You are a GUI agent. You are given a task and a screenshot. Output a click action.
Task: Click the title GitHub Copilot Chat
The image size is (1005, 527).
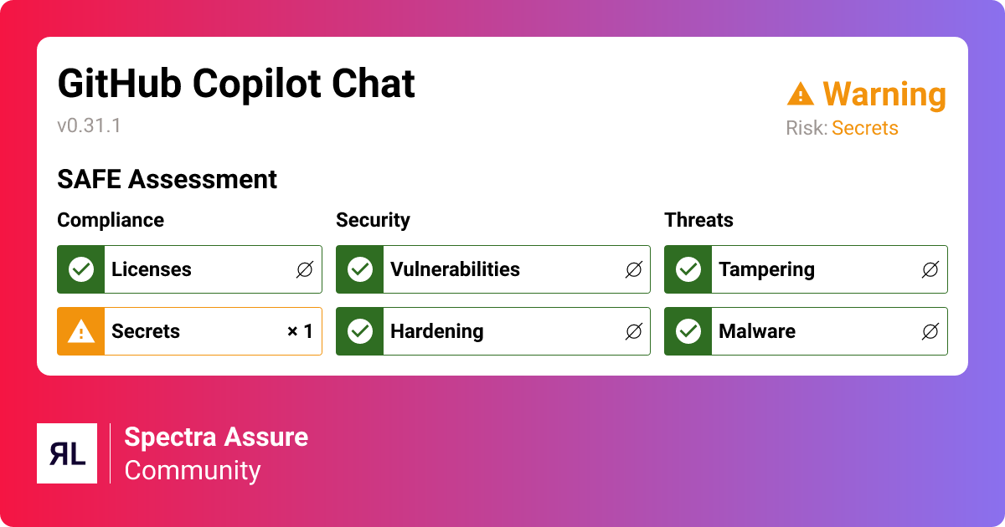[x=235, y=84]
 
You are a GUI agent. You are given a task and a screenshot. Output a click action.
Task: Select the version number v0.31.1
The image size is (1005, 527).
[x=89, y=126]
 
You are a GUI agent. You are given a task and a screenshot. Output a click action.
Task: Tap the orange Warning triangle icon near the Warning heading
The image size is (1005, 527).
[x=801, y=94]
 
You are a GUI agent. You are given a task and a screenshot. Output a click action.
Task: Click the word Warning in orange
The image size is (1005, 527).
[x=884, y=95]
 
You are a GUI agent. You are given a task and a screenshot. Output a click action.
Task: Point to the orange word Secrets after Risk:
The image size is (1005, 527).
[x=864, y=128]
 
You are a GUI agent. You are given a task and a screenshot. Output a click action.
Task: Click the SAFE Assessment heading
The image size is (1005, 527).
[x=167, y=179]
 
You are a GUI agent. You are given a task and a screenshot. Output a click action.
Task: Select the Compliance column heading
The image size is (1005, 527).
[x=111, y=220]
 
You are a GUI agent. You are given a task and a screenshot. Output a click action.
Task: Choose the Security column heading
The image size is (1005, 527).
[x=373, y=220]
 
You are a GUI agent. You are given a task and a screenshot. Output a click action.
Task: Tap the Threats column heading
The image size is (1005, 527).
[x=698, y=220]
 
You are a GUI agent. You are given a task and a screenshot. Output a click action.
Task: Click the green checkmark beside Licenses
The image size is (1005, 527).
[x=81, y=269]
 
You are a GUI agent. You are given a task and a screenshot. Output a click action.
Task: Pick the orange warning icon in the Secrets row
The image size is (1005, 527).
[x=81, y=331]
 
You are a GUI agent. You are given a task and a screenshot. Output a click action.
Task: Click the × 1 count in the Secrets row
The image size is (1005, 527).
[x=300, y=331]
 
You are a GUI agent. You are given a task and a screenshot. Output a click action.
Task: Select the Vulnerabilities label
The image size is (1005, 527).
[x=455, y=269]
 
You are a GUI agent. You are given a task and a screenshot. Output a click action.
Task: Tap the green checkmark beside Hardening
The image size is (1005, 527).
[x=360, y=331]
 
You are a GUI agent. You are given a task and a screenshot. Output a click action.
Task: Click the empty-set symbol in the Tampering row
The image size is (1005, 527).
[x=930, y=269]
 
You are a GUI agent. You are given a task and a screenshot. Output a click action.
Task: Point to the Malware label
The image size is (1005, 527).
[x=757, y=331]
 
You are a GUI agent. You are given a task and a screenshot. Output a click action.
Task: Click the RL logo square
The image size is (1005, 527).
[x=67, y=453]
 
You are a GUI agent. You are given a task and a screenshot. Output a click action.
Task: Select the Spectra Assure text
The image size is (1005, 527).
[x=216, y=437]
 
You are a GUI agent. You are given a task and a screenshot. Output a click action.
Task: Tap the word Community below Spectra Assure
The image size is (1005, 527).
[x=193, y=470]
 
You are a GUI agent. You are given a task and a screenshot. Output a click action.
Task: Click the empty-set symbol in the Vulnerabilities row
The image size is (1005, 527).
[x=633, y=269]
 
